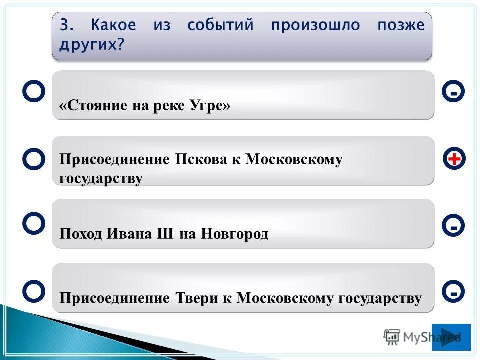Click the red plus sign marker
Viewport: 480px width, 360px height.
(x=453, y=159)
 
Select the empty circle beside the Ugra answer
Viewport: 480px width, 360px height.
(x=34, y=92)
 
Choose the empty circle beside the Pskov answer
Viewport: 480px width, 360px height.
(x=34, y=159)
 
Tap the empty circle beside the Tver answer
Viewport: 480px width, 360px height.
(x=34, y=291)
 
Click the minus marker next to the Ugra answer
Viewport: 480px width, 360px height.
(x=453, y=92)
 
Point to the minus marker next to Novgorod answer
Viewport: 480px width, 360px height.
(x=453, y=226)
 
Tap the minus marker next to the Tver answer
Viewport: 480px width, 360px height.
(x=453, y=291)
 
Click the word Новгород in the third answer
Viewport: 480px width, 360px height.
(x=235, y=234)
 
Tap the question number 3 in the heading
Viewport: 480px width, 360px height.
(x=64, y=25)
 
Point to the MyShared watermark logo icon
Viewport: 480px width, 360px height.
(x=392, y=337)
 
